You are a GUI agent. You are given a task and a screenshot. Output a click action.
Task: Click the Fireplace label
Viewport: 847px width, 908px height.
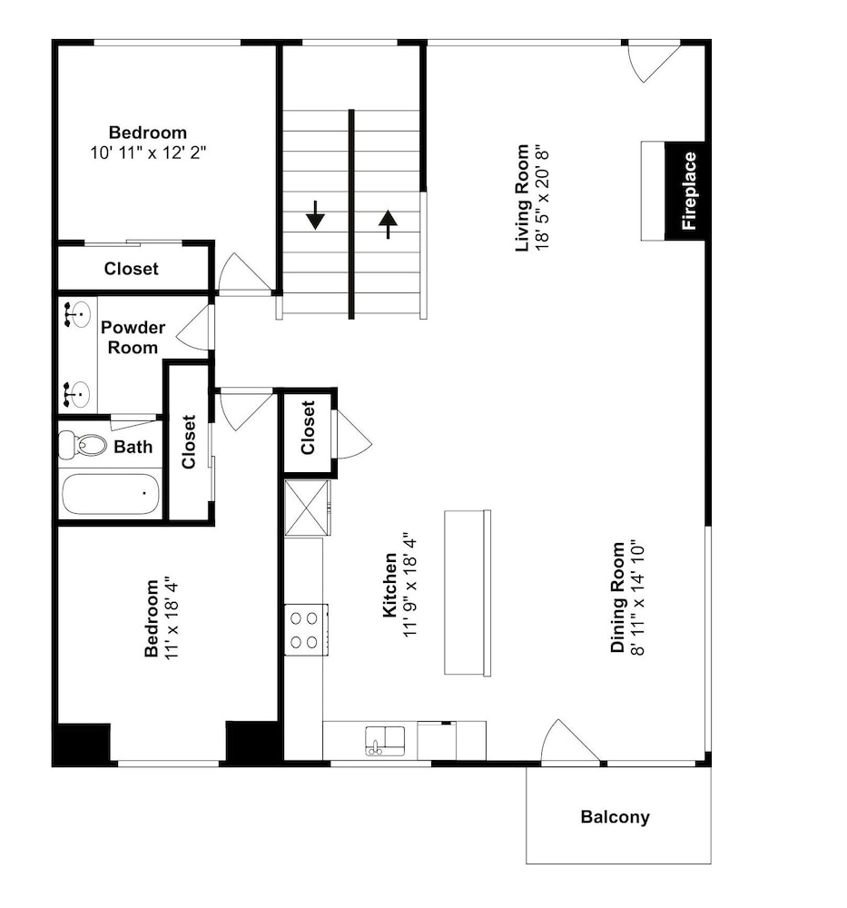(x=689, y=191)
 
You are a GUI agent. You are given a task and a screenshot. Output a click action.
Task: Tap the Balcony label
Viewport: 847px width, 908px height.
(x=615, y=817)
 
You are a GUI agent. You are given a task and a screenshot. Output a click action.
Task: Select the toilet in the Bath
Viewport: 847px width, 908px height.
(x=84, y=444)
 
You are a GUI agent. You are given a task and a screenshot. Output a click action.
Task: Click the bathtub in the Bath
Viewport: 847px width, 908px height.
(x=111, y=494)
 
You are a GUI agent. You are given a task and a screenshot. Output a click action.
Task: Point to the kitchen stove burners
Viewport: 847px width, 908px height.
(x=304, y=629)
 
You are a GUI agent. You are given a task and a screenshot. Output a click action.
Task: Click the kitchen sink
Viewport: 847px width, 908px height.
(x=385, y=741)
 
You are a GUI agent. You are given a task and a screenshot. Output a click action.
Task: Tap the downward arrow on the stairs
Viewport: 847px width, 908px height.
(x=316, y=215)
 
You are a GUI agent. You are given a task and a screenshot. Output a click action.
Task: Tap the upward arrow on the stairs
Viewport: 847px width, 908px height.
(x=388, y=224)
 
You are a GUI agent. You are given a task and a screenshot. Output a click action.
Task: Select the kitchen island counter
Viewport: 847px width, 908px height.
(x=468, y=592)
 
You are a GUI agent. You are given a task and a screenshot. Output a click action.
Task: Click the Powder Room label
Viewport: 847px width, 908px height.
(x=133, y=338)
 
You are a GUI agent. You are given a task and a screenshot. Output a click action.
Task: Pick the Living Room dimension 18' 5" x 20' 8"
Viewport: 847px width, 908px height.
(x=542, y=198)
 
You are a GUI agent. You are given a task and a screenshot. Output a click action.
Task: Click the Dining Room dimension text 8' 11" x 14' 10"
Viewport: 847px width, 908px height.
(x=637, y=597)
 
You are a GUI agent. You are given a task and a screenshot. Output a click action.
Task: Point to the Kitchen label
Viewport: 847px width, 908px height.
(x=389, y=585)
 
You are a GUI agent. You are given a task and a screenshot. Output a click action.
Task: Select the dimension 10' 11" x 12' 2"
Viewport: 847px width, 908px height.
(x=148, y=153)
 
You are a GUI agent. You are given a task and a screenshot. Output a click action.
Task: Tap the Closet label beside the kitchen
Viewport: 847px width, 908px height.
(x=308, y=428)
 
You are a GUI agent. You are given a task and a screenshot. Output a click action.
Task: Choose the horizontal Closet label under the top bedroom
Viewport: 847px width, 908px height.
(x=132, y=269)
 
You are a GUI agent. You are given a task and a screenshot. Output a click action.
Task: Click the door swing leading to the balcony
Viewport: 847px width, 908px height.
(x=570, y=741)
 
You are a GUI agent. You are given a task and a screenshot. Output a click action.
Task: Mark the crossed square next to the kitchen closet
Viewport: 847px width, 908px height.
(x=308, y=508)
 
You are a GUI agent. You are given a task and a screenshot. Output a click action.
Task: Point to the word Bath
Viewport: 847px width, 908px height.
(x=133, y=447)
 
